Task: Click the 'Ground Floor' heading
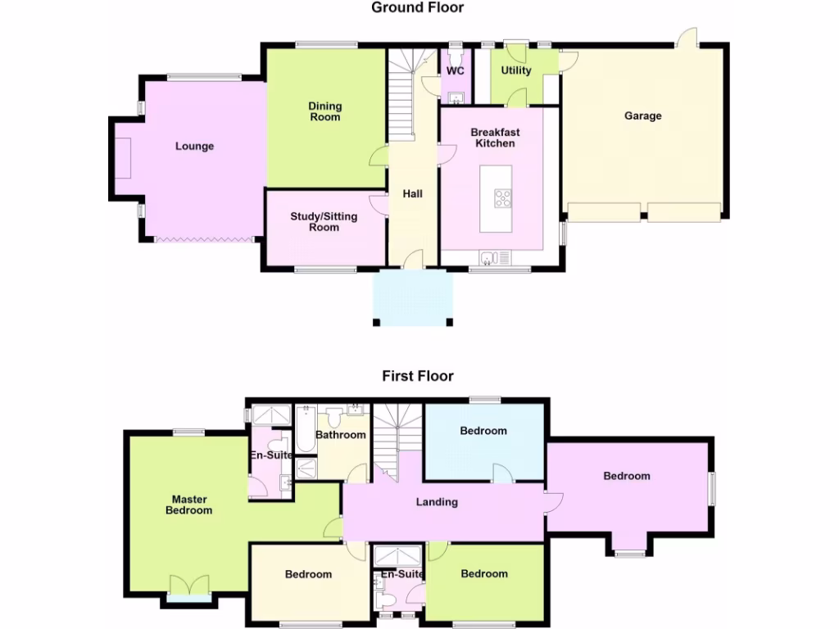pos(417,8)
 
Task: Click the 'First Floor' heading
pos(417,376)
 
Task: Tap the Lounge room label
pos(194,147)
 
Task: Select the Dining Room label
pos(324,111)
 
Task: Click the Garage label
pos(642,116)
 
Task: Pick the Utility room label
pos(516,70)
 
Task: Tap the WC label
pos(455,71)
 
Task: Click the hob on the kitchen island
pos(502,198)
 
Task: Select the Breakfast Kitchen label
pos(495,138)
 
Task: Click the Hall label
pos(412,194)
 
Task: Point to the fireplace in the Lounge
pos(123,157)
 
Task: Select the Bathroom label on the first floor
pos(341,435)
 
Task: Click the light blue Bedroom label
pos(483,431)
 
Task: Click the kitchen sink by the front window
pos(489,259)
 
